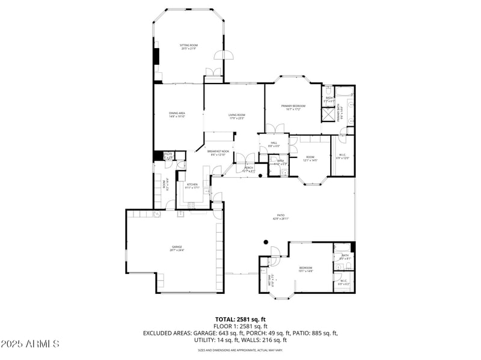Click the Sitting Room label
click(x=189, y=46)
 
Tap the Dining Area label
click(x=177, y=114)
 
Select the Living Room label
click(x=236, y=116)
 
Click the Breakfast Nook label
click(x=218, y=153)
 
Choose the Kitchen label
click(x=192, y=186)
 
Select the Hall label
click(x=274, y=144)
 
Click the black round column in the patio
click(x=265, y=242)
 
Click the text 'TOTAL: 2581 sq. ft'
click(x=240, y=319)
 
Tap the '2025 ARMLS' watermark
click(x=30, y=344)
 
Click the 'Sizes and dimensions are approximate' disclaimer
click(x=240, y=350)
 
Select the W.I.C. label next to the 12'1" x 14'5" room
click(x=343, y=157)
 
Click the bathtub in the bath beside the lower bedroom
click(x=342, y=248)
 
